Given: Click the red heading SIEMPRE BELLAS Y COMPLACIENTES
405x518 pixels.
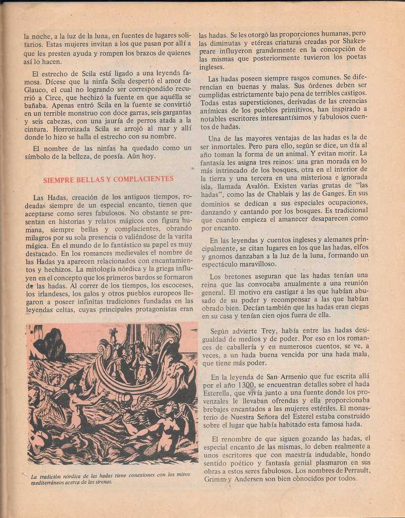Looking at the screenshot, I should pyautogui.click(x=108, y=179).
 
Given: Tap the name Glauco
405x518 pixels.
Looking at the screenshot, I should pyautogui.click(x=36, y=89).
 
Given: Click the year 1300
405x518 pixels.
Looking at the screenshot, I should pyautogui.click(x=247, y=385).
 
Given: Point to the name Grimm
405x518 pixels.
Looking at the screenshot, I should pyautogui.click(x=215, y=479).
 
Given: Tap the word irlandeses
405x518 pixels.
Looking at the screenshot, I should pyautogui.click(x=51, y=293).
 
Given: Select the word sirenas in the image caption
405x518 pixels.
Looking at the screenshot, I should pyautogui.click(x=103, y=482).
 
